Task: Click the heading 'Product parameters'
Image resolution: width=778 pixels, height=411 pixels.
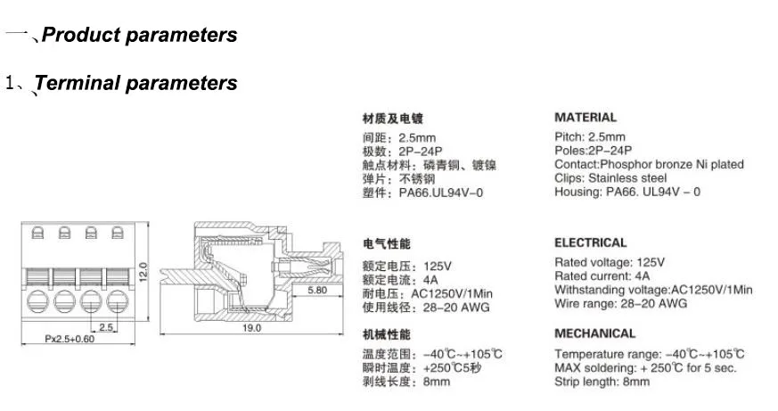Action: coord(140,36)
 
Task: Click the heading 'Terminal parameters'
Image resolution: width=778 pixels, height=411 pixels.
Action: coord(135,83)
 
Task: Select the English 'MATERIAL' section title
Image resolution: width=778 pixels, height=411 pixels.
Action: coord(586,117)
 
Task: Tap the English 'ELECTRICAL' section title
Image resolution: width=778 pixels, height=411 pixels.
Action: coord(591,242)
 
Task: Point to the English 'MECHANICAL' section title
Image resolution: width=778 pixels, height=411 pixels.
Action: coord(595,333)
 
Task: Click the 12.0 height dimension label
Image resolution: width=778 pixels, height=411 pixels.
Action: coord(143,269)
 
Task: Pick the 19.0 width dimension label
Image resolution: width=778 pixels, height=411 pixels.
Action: coord(252,329)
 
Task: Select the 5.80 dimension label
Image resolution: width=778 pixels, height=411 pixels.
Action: coord(316,291)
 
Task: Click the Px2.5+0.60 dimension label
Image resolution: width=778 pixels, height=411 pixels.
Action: coord(70,339)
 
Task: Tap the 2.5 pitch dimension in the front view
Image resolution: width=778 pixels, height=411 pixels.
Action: coord(105,327)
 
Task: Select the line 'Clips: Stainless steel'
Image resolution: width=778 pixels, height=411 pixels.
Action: coord(610,177)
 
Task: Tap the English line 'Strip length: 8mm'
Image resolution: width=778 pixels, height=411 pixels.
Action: coord(602,382)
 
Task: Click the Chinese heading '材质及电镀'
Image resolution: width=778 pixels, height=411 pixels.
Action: coord(392,118)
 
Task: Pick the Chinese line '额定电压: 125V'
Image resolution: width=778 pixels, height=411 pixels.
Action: coord(407,266)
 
